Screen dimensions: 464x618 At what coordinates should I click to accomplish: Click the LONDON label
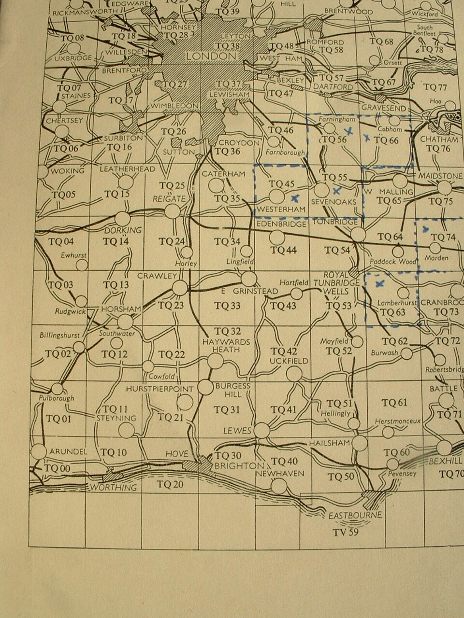211,56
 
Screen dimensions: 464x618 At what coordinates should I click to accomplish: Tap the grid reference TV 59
345,533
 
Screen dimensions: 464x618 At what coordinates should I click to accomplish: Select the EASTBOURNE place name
355,515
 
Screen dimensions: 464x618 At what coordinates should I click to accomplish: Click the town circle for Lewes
262,430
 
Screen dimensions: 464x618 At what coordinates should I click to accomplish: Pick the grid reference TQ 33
227,306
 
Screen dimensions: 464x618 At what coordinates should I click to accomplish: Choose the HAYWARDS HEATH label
226,345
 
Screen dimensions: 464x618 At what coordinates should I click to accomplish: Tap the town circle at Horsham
125,322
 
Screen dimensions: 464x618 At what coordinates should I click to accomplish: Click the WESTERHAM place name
281,209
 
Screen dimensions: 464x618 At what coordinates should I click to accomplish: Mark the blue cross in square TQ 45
295,197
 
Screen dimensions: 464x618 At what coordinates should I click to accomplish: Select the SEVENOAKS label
334,201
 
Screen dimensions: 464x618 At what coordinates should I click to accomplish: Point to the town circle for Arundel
39,451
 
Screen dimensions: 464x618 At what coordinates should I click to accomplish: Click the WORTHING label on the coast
114,487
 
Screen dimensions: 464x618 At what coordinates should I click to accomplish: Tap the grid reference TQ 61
394,402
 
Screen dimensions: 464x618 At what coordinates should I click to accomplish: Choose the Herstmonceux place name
398,421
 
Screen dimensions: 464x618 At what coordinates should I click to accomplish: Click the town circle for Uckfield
294,374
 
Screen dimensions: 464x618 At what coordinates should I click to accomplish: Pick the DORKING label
123,230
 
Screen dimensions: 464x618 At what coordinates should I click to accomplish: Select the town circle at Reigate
173,211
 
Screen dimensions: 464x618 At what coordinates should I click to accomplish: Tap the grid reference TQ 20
170,484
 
